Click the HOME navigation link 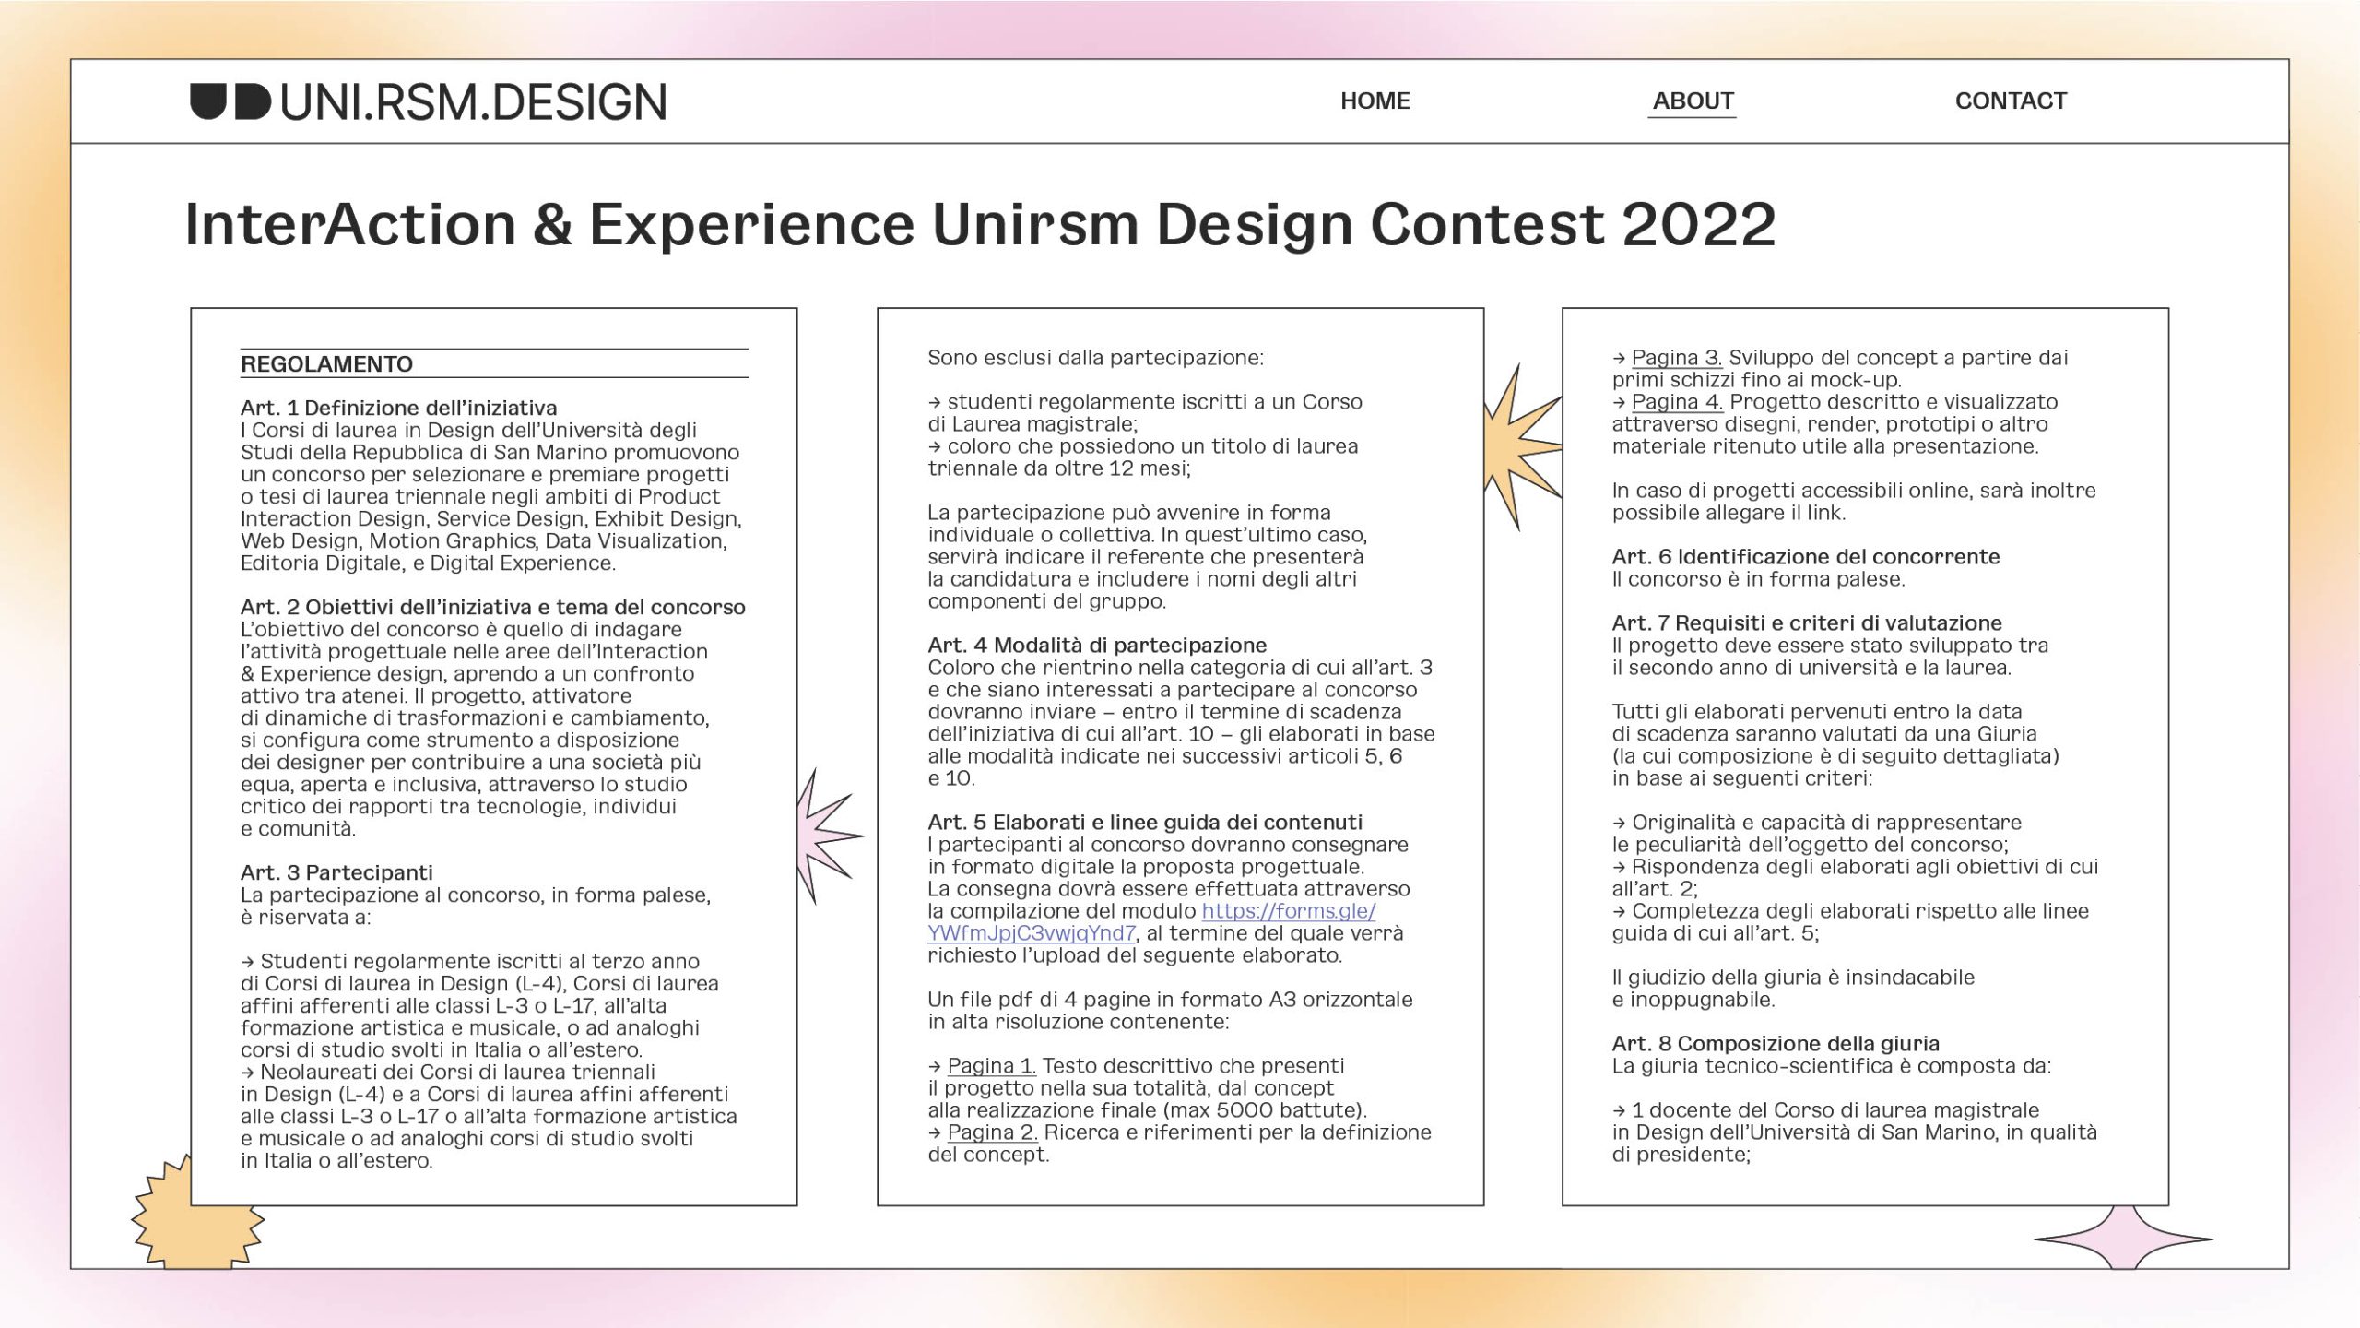pyautogui.click(x=1375, y=101)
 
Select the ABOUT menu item pyautogui.click(x=1693, y=101)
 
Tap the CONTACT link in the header pyautogui.click(x=2011, y=101)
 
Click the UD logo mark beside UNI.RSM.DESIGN pyautogui.click(x=230, y=101)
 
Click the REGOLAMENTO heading pyautogui.click(x=326, y=364)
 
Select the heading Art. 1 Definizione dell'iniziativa pyautogui.click(x=398, y=408)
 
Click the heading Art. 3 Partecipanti pyautogui.click(x=336, y=872)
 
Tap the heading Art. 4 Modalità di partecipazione pyautogui.click(x=1097, y=646)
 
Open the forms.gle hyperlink pyautogui.click(x=1151, y=922)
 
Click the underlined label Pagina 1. pyautogui.click(x=992, y=1066)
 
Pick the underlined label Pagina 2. pyautogui.click(x=993, y=1132)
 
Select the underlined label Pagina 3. pyautogui.click(x=1677, y=358)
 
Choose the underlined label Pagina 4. pyautogui.click(x=1678, y=402)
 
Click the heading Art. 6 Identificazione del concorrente pyautogui.click(x=1806, y=557)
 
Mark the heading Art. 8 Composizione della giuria pyautogui.click(x=1776, y=1044)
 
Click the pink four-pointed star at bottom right pyautogui.click(x=2122, y=1239)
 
